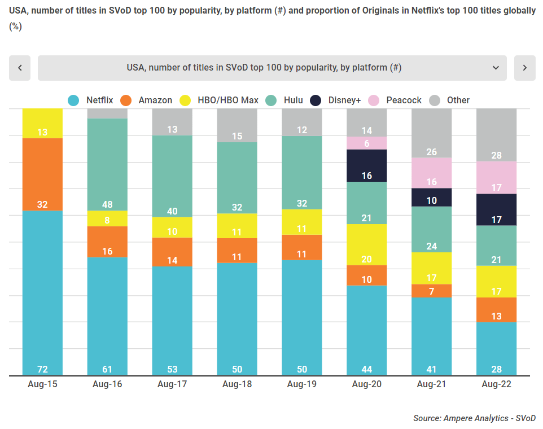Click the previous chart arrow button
point(20,68)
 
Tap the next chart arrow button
point(524,68)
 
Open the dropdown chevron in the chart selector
point(496,68)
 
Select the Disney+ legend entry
point(344,100)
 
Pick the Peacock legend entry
point(395,100)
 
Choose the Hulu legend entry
point(284,100)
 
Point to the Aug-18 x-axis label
point(237,384)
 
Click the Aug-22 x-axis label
point(497,384)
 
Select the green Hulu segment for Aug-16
point(107,164)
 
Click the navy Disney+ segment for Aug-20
point(367,165)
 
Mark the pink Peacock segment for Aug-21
point(432,172)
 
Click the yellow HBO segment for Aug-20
point(367,244)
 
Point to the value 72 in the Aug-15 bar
point(42,369)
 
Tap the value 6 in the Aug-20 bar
point(367,143)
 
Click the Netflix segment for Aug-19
point(302,317)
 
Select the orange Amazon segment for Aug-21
point(432,291)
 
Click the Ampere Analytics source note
point(474,418)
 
